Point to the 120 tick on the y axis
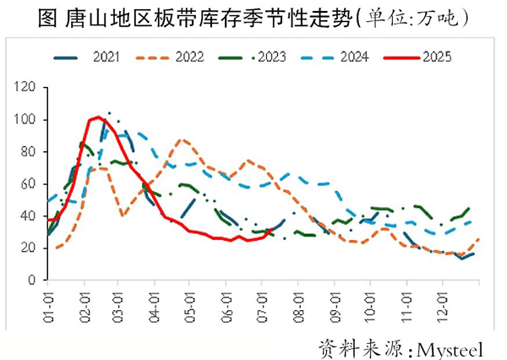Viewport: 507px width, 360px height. (x=27, y=88)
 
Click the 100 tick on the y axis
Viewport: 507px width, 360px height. (x=27, y=120)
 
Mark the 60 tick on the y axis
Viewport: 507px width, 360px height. (x=30, y=184)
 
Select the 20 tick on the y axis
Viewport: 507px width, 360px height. (x=30, y=248)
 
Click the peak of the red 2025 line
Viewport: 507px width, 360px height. (x=98, y=117)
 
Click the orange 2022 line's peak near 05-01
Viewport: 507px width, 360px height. (x=183, y=139)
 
